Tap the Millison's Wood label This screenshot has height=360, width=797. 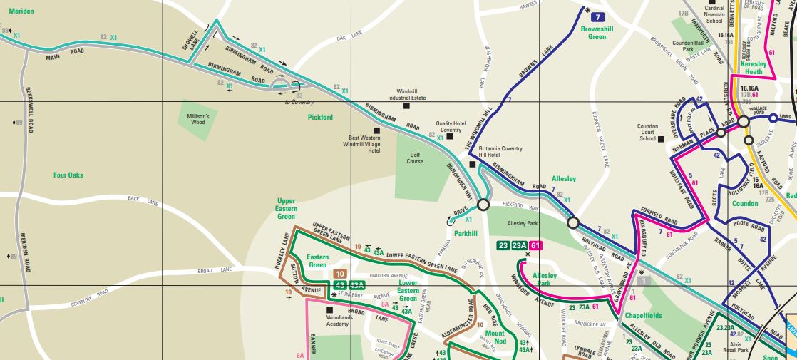click(x=198, y=119)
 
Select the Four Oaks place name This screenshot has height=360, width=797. click(x=68, y=175)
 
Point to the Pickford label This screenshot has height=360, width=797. click(x=320, y=117)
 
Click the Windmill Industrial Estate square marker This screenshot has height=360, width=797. click(x=406, y=106)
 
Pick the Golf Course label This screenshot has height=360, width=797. click(x=416, y=158)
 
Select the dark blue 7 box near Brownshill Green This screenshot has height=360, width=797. click(x=599, y=16)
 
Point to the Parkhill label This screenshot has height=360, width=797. click(x=466, y=233)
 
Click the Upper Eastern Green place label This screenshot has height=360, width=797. click(x=286, y=209)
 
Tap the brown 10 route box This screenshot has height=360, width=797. click(x=340, y=274)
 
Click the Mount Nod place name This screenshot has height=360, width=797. click(x=495, y=337)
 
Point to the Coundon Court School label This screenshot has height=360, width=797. click(x=647, y=133)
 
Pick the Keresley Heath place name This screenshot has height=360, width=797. click(x=754, y=67)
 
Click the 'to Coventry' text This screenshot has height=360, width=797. click(x=299, y=102)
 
